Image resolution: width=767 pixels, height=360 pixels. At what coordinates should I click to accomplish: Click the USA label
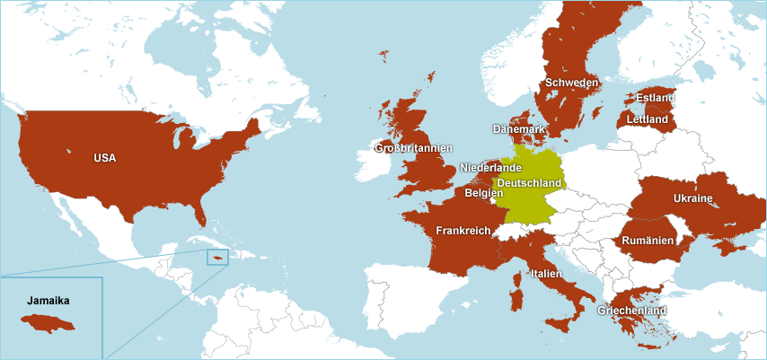105,158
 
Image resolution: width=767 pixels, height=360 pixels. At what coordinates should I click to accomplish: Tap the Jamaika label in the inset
48,301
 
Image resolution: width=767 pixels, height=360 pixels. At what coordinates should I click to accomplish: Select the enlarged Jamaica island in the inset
49,323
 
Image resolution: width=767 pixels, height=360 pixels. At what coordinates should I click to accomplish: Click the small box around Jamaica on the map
217,258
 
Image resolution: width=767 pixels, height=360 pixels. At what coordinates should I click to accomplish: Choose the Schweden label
571,83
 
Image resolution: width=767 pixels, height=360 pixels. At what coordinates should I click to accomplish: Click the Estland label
655,98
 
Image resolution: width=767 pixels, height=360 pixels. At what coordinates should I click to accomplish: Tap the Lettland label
647,119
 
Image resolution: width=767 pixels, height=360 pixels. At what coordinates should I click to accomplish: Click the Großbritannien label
413,148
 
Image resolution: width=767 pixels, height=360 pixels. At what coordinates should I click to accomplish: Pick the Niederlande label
490,168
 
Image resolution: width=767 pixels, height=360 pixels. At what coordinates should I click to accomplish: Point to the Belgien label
484,193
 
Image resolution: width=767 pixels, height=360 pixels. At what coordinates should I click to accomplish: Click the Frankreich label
463,231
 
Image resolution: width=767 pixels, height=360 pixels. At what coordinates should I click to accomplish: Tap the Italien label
546,273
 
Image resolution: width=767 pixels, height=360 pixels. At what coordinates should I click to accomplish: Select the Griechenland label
631,311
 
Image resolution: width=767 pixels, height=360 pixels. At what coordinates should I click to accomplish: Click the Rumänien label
648,241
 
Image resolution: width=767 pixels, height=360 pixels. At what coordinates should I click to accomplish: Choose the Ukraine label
692,198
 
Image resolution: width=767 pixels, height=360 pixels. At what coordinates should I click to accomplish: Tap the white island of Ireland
377,164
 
